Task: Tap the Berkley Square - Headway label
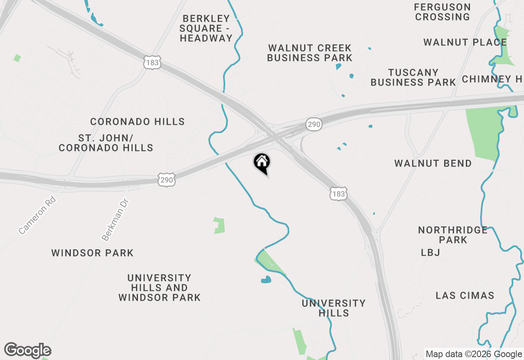click(206, 29)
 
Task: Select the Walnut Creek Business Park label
click(310, 53)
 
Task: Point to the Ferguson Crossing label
click(442, 12)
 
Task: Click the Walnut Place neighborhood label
click(465, 43)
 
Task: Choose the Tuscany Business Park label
click(413, 77)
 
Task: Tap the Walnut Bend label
click(433, 164)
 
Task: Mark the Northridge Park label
click(453, 235)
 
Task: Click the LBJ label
click(431, 253)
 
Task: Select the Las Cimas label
click(465, 295)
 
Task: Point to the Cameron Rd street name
click(37, 215)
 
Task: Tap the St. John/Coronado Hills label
click(106, 143)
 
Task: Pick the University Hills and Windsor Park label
click(159, 288)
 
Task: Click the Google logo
click(28, 350)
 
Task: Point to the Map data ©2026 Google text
click(474, 354)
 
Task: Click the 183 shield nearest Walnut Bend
click(339, 194)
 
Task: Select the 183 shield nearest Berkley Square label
click(152, 63)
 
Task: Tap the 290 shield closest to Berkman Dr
click(167, 180)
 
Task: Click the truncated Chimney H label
click(492, 79)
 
